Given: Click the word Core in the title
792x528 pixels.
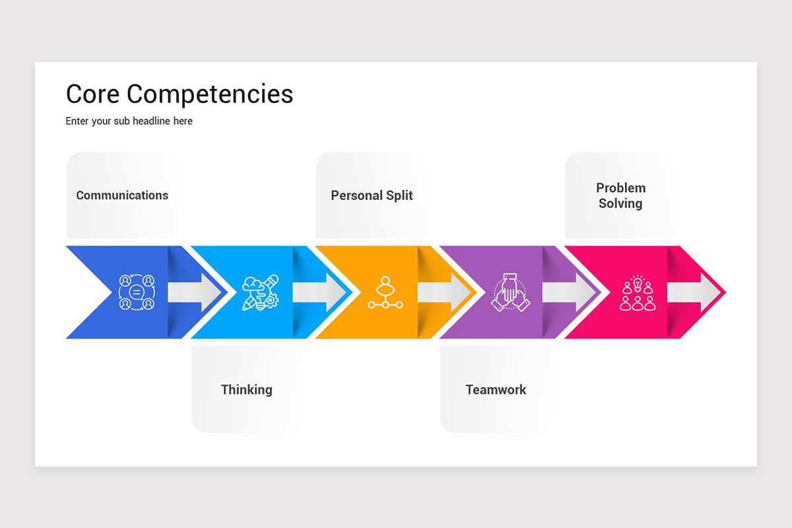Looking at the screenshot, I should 93,94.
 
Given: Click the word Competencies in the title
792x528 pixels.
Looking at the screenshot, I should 210,95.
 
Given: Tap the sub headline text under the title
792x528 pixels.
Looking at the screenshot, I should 129,121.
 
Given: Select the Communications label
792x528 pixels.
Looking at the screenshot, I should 122,195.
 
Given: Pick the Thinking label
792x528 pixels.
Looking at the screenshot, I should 246,389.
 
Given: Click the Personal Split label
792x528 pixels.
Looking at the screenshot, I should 372,195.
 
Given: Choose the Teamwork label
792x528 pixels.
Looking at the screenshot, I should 496,389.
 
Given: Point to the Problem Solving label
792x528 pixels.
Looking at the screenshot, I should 620,195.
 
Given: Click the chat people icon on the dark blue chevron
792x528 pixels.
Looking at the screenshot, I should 137,292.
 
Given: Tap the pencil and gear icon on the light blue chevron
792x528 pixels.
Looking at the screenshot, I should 261,292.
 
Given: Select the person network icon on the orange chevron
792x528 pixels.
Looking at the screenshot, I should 385,292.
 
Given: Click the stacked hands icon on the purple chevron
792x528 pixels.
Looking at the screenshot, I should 510,292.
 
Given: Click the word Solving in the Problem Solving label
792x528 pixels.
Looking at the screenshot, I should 620,203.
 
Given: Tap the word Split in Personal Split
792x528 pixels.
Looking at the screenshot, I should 398,195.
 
